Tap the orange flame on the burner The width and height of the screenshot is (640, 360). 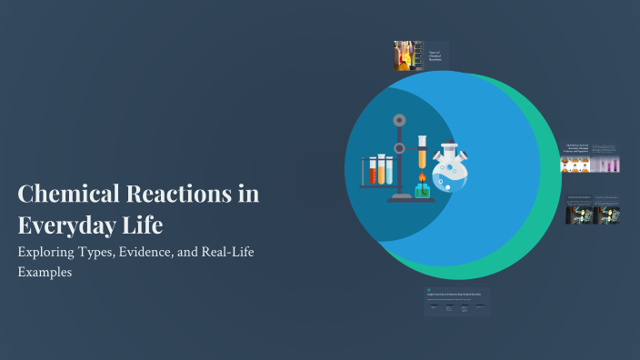point(422,177)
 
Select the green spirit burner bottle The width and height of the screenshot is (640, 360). point(422,190)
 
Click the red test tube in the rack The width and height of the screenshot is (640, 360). point(373,171)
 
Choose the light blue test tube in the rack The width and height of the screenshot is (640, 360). point(388,171)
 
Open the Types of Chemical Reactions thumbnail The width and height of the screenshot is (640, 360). point(421,55)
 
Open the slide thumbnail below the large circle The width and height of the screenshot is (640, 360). point(457,303)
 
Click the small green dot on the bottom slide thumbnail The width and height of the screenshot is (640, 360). point(429,291)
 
